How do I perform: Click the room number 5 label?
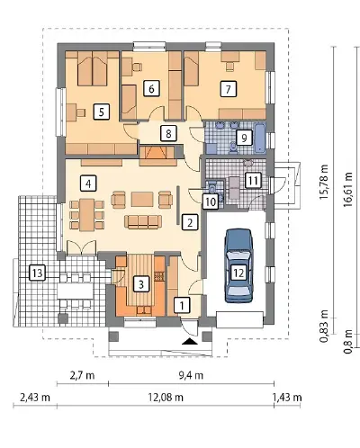pos(102,112)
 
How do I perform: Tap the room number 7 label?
pos(229,89)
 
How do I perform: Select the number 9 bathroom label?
pos(244,138)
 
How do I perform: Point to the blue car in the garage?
pos(238,265)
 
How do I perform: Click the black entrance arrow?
pos(190,341)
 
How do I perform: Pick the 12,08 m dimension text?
pos(166,398)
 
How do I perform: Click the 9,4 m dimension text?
pos(191,375)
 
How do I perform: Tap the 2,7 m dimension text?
pos(82,375)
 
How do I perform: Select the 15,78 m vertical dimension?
pos(324,182)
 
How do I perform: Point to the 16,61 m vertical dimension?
pos(347,189)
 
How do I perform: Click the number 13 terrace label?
pos(38,273)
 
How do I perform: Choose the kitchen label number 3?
pos(141,284)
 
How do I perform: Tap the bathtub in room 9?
pos(260,139)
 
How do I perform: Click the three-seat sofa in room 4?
pos(143,221)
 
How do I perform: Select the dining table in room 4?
pos(87,215)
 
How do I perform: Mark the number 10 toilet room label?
pos(211,202)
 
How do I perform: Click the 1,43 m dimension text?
pos(287,398)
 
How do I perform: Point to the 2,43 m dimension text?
pos(35,398)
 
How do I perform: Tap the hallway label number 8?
pos(168,133)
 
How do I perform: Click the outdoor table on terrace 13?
pos(76,291)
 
